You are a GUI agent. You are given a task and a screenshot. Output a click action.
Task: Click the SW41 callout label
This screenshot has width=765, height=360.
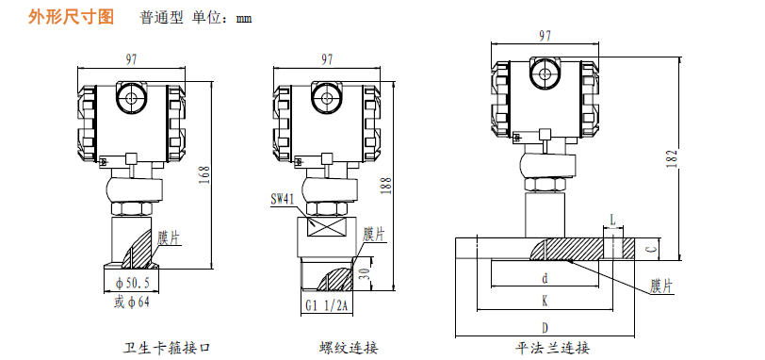(x=285, y=200)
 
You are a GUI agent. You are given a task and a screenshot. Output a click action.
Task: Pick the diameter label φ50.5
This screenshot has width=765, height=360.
(x=132, y=282)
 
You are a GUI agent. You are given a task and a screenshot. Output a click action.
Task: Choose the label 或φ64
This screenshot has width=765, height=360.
(x=132, y=303)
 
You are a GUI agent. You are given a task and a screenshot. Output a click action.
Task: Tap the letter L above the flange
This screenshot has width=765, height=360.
(x=613, y=220)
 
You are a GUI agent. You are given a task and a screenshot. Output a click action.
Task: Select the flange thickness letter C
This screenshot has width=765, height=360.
(x=649, y=250)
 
